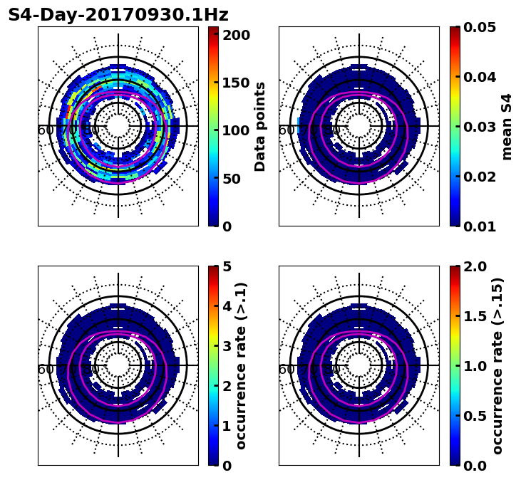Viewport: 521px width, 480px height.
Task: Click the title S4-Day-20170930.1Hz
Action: [x=118, y=15]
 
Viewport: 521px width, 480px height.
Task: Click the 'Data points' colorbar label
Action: [x=261, y=126]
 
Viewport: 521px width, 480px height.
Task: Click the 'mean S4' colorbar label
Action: [x=507, y=126]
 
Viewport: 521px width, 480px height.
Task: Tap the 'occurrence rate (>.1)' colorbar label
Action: [x=242, y=365]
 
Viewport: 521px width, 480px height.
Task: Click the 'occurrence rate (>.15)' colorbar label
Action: [x=498, y=365]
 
